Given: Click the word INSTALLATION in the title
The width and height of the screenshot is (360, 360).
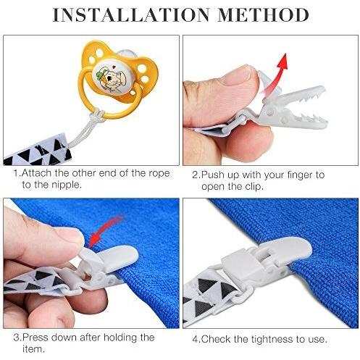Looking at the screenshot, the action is click(131, 15).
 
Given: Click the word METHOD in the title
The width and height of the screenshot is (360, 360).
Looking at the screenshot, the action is click(264, 15).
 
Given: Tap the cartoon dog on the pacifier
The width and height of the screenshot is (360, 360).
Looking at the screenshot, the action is click(111, 78).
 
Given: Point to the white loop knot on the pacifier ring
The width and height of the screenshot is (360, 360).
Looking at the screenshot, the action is click(99, 114).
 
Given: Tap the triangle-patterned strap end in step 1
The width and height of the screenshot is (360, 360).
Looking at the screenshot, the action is click(38, 149).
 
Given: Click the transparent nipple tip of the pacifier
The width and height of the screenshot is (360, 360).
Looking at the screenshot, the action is click(128, 54).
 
